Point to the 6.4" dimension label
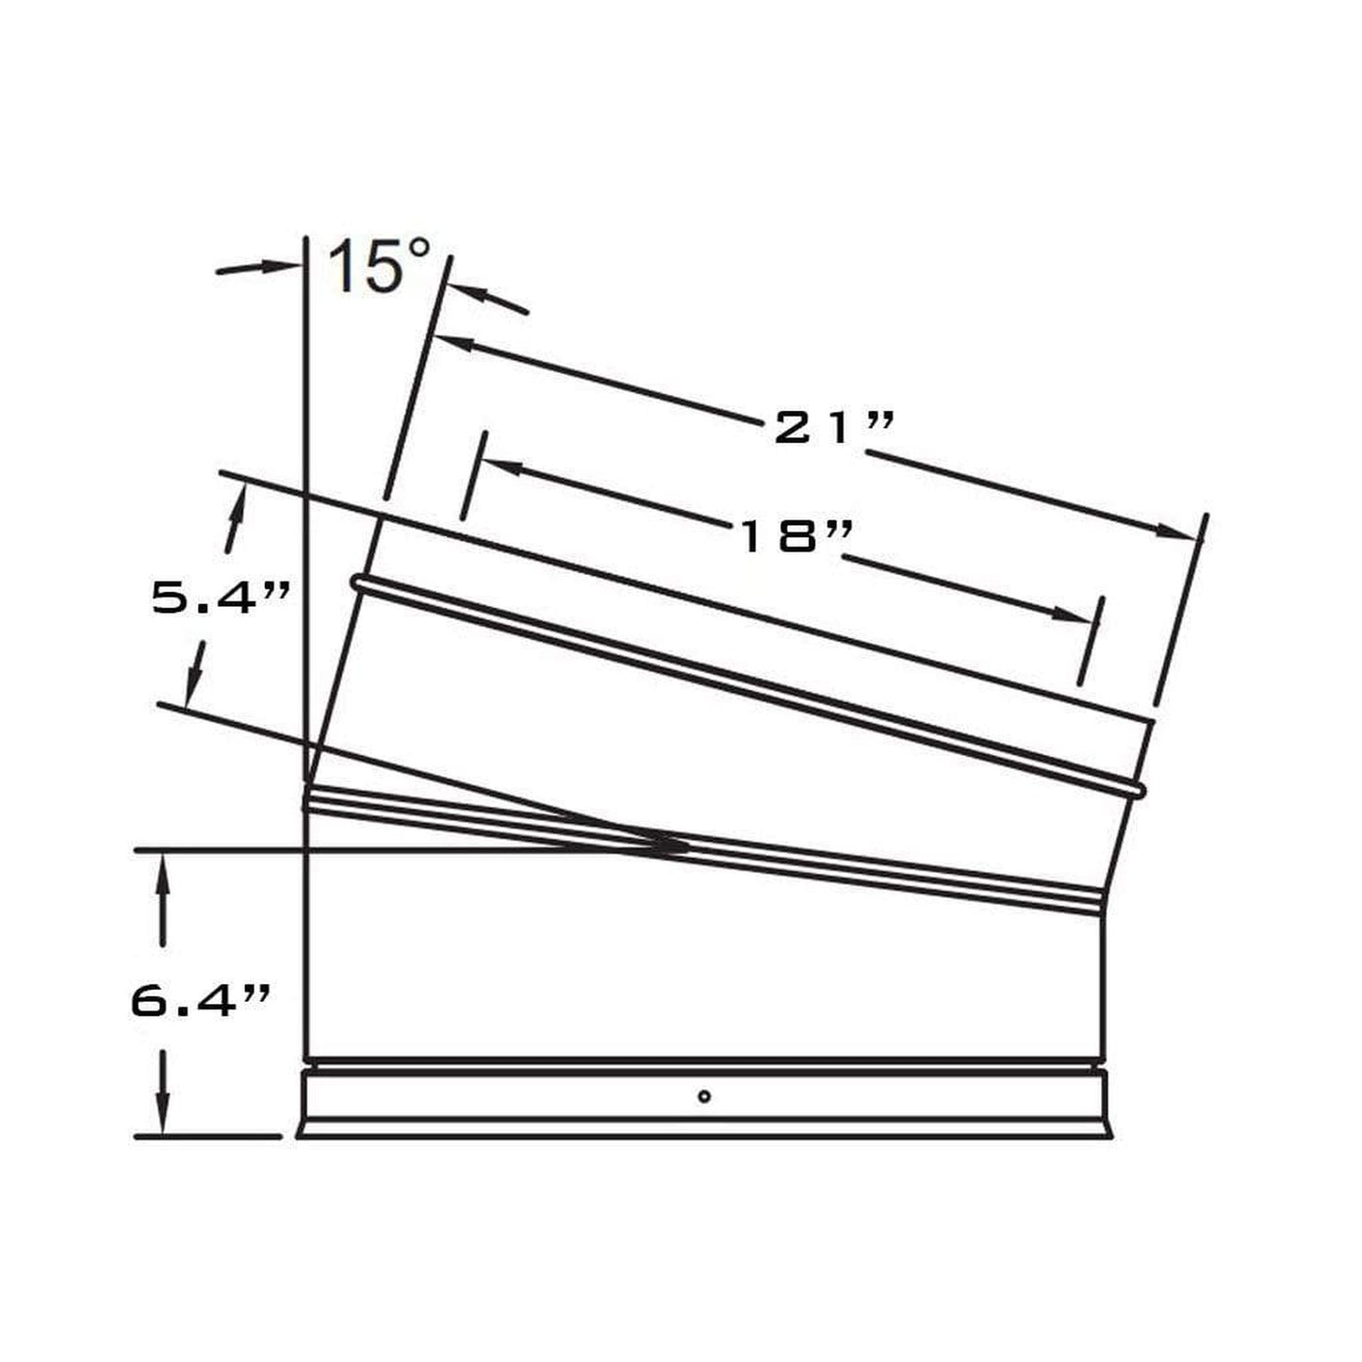point(201,1000)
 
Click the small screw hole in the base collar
point(704,1095)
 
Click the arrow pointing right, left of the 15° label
point(283,267)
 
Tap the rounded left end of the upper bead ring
point(358,583)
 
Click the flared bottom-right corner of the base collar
point(1109,1134)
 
